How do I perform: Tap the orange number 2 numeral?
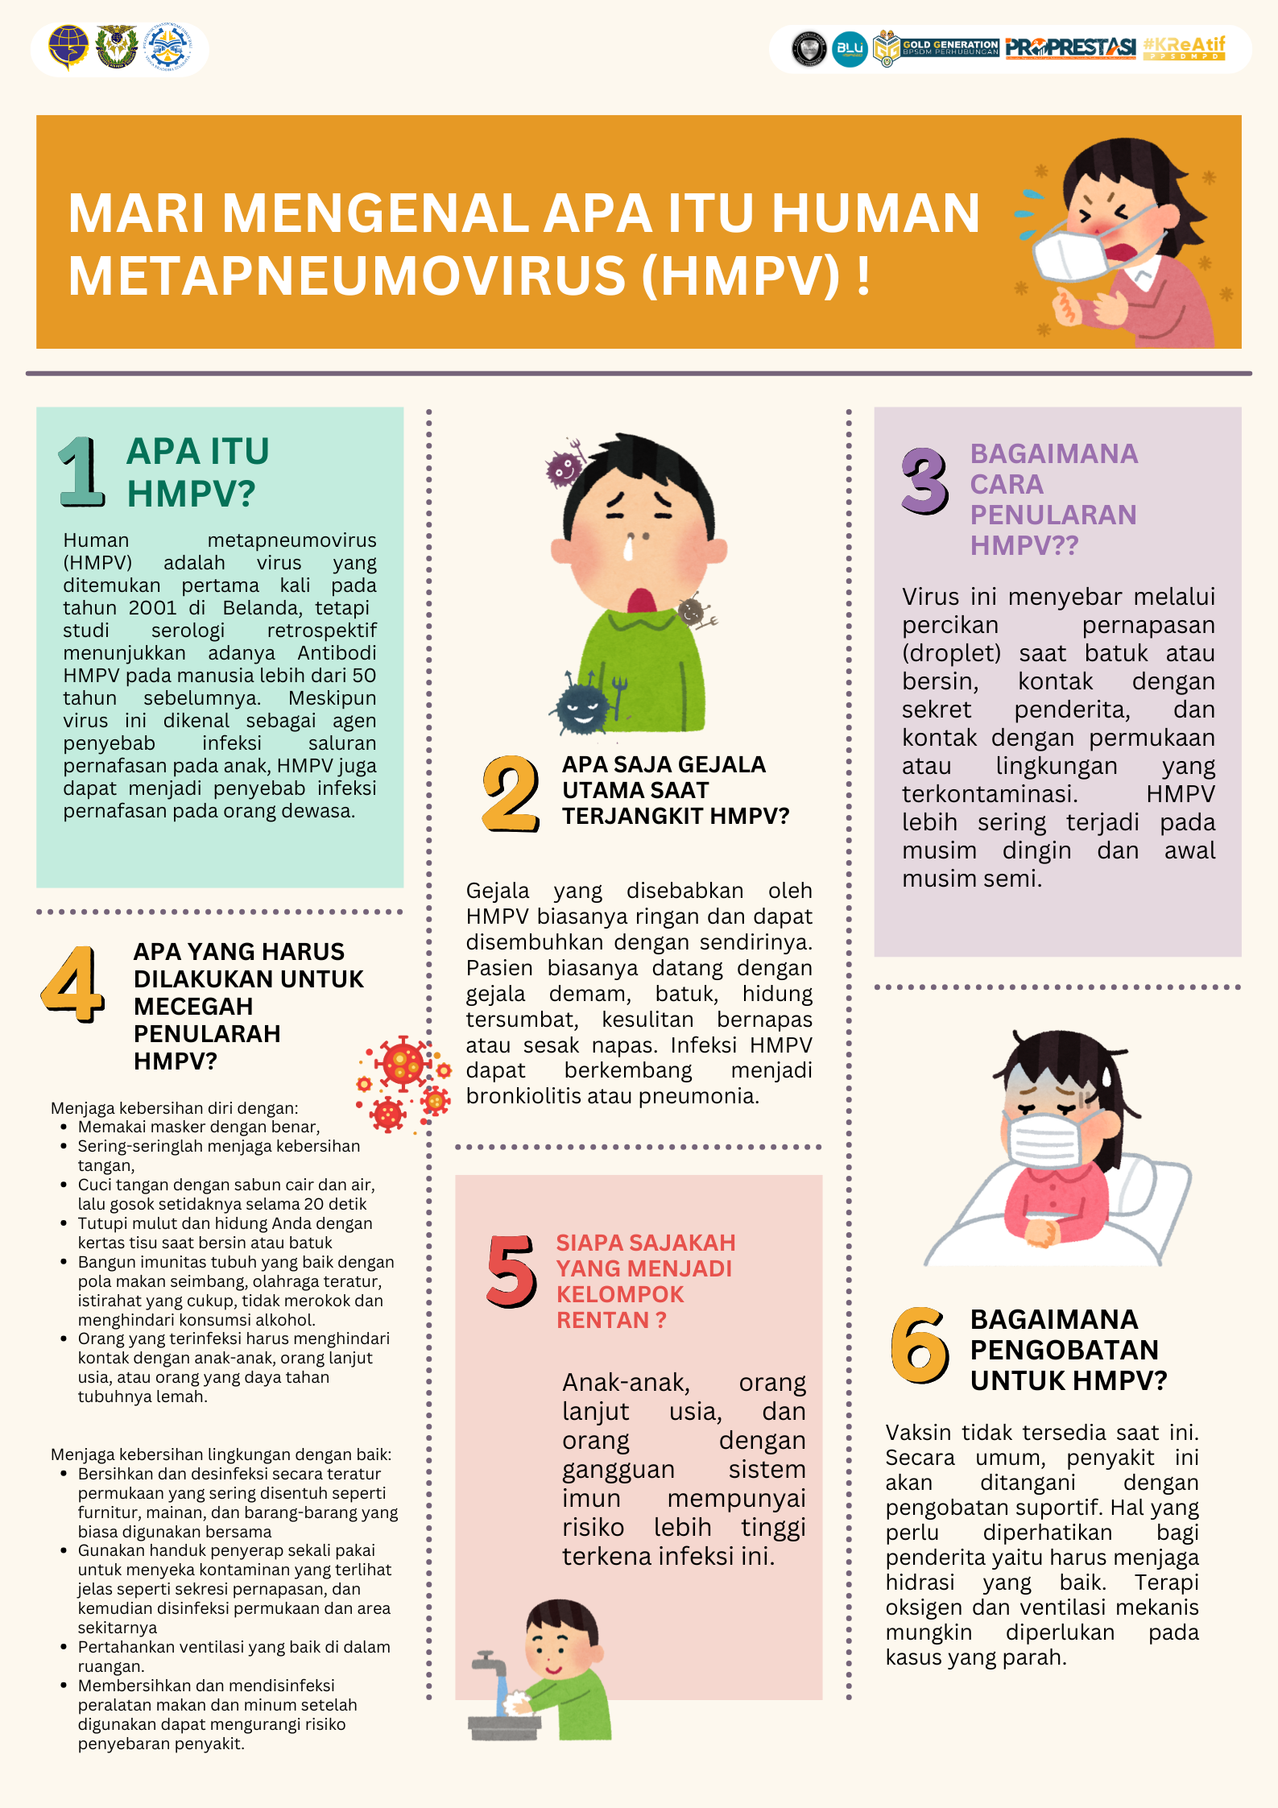510,793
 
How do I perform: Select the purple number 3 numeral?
925,481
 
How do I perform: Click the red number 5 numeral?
511,1270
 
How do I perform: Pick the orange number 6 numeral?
920,1345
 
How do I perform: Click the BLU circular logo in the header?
850,49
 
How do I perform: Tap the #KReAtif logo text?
1184,47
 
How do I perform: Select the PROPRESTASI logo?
1070,48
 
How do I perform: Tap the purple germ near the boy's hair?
564,466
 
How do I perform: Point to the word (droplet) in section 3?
951,653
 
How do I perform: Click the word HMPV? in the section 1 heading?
191,494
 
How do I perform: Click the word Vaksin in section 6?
918,1433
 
